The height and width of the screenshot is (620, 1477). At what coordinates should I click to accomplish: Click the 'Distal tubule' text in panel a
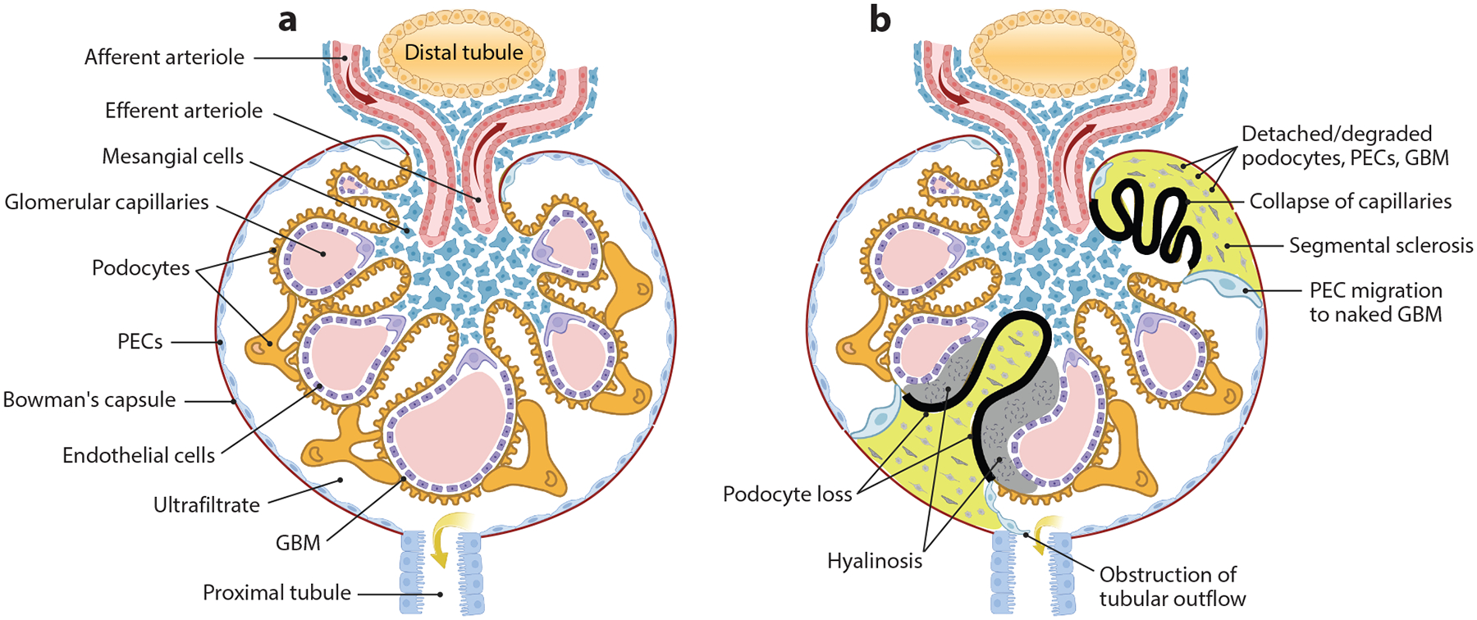tap(464, 52)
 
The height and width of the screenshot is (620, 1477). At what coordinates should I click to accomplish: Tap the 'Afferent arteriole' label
tap(164, 57)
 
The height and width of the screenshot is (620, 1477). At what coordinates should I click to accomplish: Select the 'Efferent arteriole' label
tap(184, 111)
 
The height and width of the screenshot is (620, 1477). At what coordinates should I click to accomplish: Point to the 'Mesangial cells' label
tap(172, 157)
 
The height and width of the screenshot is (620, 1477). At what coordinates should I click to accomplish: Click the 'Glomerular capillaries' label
tap(107, 203)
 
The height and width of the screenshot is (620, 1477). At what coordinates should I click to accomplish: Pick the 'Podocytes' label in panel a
tap(140, 268)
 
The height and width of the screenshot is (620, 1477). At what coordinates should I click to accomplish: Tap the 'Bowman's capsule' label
tap(89, 400)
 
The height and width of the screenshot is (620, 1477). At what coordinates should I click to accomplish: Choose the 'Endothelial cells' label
tap(139, 456)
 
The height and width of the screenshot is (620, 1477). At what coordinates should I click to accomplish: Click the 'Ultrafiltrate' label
tap(207, 505)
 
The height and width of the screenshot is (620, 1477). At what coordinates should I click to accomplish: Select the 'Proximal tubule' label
tap(277, 593)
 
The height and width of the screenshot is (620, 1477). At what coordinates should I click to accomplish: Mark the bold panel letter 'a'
tap(287, 20)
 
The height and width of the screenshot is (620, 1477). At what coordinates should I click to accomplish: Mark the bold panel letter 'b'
tap(880, 20)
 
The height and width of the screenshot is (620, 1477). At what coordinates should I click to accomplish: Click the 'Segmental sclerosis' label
tap(1381, 246)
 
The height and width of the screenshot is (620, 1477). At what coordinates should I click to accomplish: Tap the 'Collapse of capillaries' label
tap(1351, 202)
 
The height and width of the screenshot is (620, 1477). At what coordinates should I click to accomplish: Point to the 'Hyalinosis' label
tap(875, 562)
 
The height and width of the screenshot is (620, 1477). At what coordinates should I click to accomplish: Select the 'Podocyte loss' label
tap(787, 495)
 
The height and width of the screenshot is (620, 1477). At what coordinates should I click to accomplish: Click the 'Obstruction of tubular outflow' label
tap(1172, 586)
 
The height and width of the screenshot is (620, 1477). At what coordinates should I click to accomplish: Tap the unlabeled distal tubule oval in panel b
tap(1052, 51)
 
